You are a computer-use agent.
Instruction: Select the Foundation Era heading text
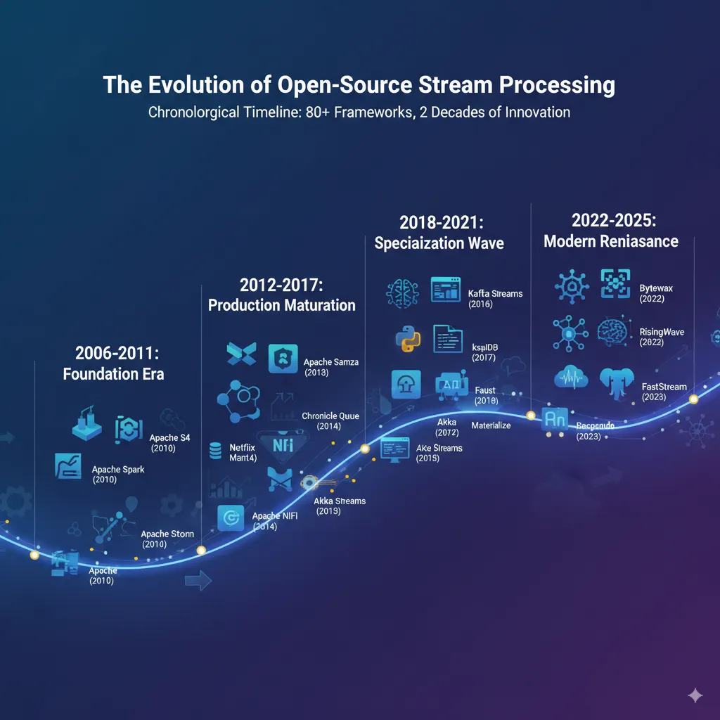[113, 373]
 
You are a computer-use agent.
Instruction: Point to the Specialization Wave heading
[439, 243]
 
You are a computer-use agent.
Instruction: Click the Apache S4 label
[169, 438]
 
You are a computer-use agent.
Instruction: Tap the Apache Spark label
[118, 469]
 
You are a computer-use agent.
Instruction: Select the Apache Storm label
[167, 534]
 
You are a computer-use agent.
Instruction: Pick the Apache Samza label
[330, 362]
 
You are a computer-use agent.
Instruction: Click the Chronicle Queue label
[330, 416]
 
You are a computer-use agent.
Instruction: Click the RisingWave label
[662, 332]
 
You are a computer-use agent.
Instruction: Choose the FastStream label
[664, 387]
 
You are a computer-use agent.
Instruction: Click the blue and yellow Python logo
[407, 340]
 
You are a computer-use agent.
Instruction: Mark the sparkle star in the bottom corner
[695, 695]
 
